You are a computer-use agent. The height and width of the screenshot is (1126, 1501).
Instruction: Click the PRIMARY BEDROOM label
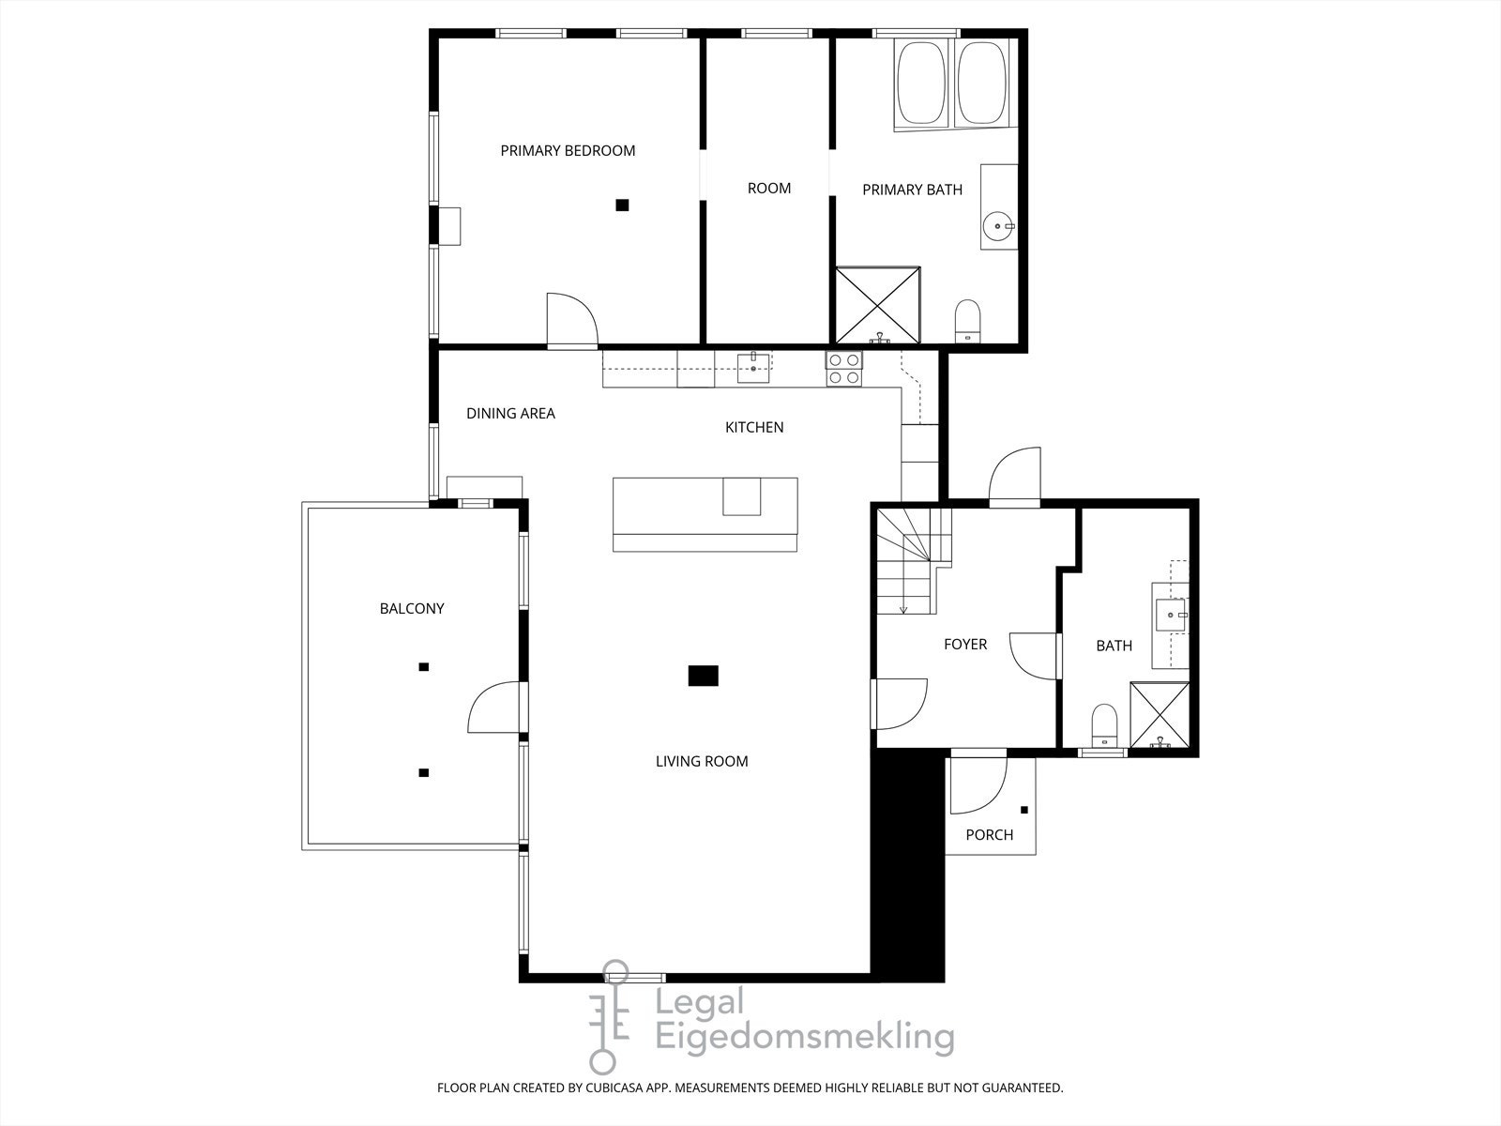(x=568, y=150)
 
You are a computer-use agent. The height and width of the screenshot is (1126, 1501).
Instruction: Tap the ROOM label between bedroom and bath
(x=768, y=188)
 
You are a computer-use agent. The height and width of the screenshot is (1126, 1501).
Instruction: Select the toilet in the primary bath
(x=967, y=322)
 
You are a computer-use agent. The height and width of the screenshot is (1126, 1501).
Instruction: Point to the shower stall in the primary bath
(x=877, y=305)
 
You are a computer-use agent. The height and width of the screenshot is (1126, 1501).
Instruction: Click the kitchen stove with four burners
(x=843, y=368)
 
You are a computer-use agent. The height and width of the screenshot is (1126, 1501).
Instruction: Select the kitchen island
(x=705, y=513)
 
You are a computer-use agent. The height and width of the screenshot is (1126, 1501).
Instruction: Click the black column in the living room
(x=703, y=675)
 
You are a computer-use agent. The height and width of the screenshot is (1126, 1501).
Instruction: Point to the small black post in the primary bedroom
(x=621, y=205)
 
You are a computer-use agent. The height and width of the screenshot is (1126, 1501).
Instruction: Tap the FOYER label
(x=964, y=644)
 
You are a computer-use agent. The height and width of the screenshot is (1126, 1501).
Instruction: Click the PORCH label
(x=989, y=834)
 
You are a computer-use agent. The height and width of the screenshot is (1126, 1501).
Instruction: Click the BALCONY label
(x=412, y=608)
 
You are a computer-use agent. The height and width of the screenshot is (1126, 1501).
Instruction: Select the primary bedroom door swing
(x=570, y=319)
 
